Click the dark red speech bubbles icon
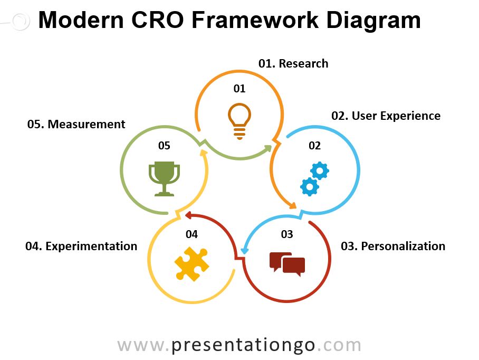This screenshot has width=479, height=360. coord(287,263)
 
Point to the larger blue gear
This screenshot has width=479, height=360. coord(319,170)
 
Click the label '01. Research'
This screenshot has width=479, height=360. coord(293,64)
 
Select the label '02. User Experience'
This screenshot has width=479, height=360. coord(385,116)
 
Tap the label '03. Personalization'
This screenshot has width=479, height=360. coord(392,246)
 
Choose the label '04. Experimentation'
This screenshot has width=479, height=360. coord(81,246)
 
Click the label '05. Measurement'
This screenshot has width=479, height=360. coord(76,125)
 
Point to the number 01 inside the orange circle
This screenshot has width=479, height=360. coord(240,88)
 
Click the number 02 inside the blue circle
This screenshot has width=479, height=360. coord(314,146)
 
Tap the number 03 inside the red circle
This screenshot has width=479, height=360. coord(286,234)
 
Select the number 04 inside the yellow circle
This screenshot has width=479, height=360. coord(191,234)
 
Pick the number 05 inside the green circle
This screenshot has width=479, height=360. coord(164,146)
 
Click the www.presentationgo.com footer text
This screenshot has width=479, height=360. coord(239,345)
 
